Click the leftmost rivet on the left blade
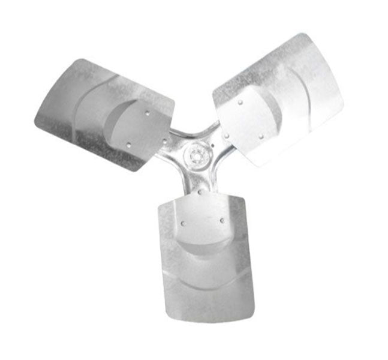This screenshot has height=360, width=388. click(128, 144)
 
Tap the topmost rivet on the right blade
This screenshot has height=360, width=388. click(240, 102)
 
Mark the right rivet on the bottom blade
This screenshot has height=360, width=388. click(222, 221)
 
